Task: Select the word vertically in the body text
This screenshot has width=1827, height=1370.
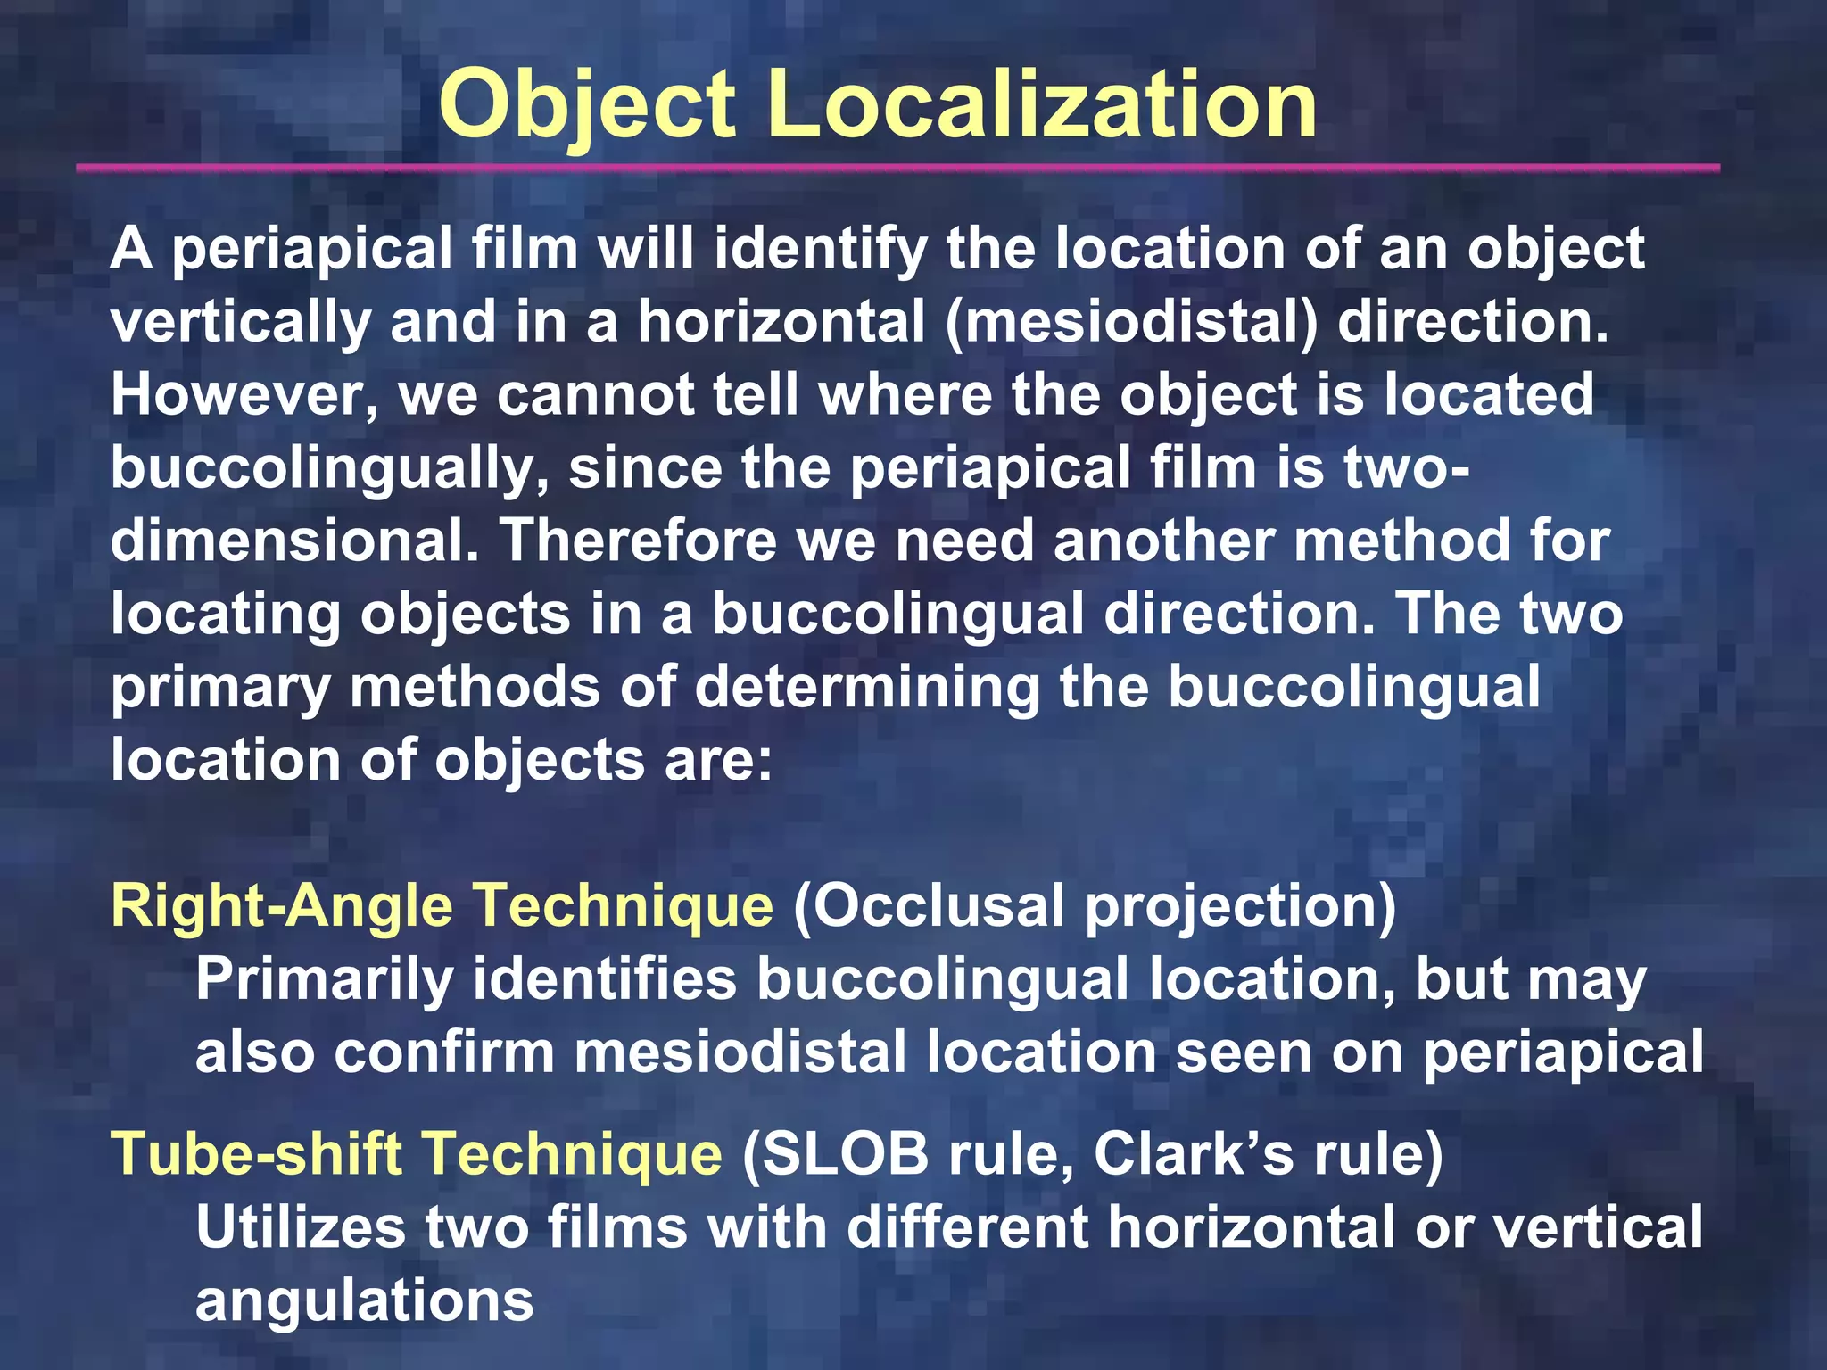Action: pos(241,322)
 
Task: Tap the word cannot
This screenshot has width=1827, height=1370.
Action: pos(595,395)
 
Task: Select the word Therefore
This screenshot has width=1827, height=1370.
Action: pos(637,541)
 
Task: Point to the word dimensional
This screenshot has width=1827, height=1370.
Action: pos(295,541)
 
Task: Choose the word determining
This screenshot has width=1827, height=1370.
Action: pos(867,688)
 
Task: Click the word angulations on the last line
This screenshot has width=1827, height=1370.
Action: pos(364,1301)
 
